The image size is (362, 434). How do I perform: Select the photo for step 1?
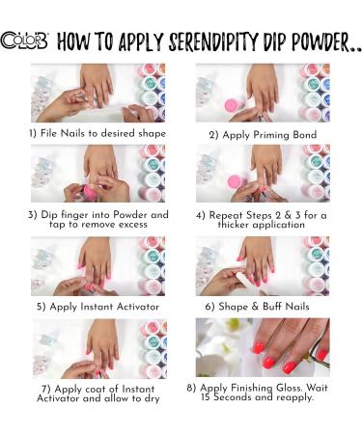[97, 93]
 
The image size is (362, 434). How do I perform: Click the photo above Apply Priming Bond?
[262, 93]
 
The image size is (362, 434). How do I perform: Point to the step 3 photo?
[97, 174]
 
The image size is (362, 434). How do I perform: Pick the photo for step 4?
[262, 174]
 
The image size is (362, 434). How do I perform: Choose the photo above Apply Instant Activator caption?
[97, 265]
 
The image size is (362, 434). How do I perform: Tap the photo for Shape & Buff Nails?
[262, 265]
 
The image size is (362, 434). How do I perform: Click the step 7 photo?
[97, 347]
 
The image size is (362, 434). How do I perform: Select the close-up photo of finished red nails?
[262, 347]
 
